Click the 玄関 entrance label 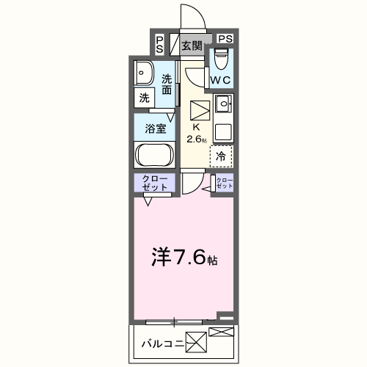192,46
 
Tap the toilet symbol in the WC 221,59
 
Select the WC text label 220,80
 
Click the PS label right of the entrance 225,39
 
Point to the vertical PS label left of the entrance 159,45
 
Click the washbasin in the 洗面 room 144,73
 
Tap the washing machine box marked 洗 145,98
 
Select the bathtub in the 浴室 155,155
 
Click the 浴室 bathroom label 156,128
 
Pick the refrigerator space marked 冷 221,156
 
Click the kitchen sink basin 223,104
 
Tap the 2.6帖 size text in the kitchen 197,139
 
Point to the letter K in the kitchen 197,127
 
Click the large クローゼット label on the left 155,183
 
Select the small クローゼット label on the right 225,183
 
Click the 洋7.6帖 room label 184,257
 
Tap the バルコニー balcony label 163,344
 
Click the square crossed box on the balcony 196,342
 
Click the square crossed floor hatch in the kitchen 200,110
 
